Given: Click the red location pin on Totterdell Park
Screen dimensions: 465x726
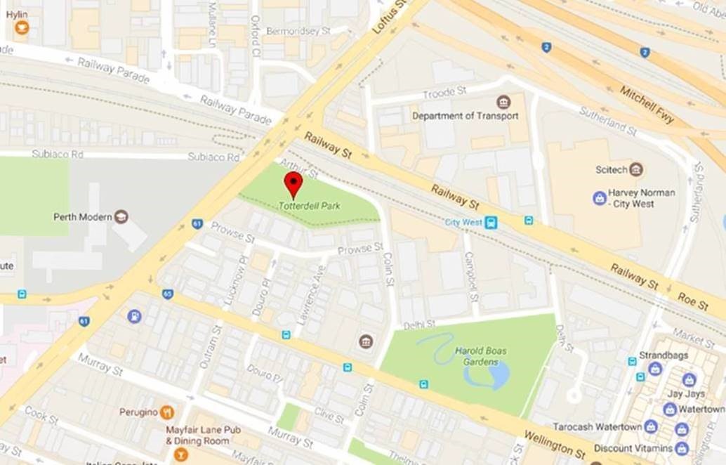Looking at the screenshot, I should [293, 183].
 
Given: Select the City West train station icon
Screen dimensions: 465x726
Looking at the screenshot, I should [491, 223].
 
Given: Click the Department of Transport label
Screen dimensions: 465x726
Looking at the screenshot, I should [465, 116].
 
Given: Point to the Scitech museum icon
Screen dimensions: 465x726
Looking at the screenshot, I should [636, 169].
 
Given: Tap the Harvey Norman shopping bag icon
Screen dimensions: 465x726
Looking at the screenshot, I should [599, 198].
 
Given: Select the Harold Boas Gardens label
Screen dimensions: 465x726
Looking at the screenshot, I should [480, 356].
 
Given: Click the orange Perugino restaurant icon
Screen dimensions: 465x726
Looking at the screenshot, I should [166, 412].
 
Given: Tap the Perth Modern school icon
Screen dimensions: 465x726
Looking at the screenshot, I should [121, 216].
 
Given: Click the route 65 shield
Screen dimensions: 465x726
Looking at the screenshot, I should [167, 294].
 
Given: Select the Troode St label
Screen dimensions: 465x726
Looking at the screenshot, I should [444, 93].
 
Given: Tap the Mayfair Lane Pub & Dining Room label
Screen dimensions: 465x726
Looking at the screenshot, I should [198, 435].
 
